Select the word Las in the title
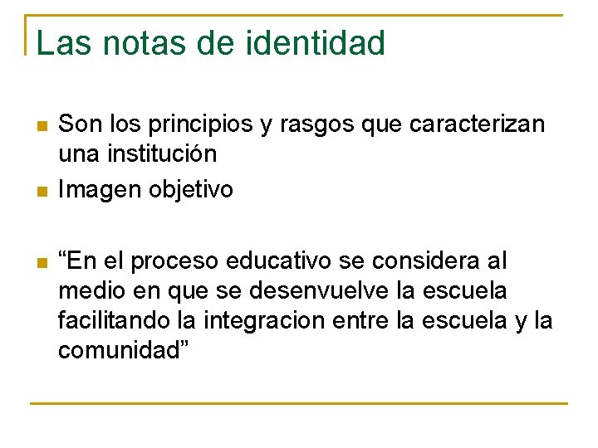[x=61, y=43]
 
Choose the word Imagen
[x=100, y=190]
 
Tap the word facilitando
[x=113, y=320]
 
